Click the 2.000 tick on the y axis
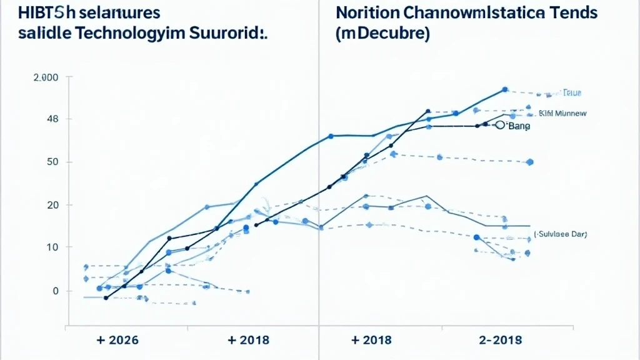[x=44, y=77]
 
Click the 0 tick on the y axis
[x=55, y=291]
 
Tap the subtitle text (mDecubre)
[x=382, y=35]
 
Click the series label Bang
[x=518, y=126]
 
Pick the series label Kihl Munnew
[x=562, y=114]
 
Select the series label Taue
[x=572, y=92]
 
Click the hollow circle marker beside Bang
[x=499, y=125]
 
